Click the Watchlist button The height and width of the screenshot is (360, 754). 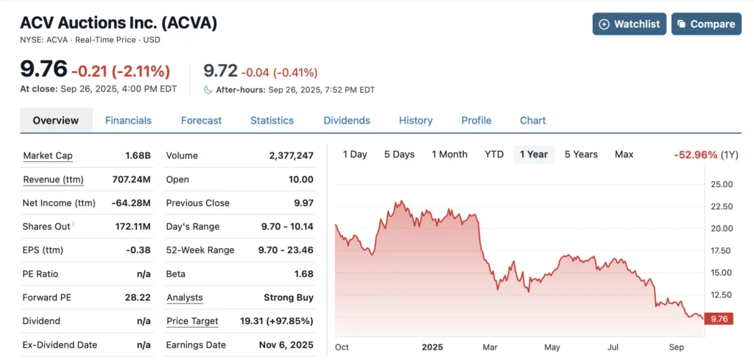tap(629, 24)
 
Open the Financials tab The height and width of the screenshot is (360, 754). tap(128, 121)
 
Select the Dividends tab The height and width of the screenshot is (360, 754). tap(347, 121)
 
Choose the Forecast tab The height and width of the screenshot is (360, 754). tap(201, 121)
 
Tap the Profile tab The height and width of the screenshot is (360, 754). tap(476, 121)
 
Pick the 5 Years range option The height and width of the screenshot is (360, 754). tap(581, 155)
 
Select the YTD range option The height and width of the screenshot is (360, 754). tap(494, 155)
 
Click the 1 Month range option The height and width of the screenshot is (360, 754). tap(449, 155)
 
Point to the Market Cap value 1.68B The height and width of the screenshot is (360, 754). tap(138, 156)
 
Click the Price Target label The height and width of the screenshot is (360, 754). tap(192, 321)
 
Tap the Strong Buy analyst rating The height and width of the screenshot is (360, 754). tap(289, 297)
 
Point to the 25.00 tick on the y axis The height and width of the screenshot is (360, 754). tap(722, 184)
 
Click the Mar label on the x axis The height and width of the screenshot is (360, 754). tap(490, 347)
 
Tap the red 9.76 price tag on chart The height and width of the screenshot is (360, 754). tap(718, 319)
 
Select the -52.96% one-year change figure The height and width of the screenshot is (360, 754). tap(695, 155)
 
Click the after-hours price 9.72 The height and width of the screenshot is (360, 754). tap(220, 71)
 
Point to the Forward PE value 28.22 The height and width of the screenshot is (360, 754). tap(138, 297)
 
